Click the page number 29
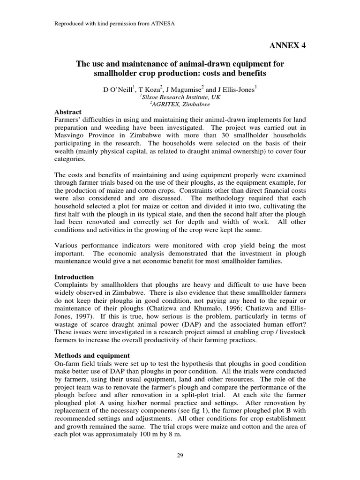click(180, 454)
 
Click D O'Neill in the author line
click(118, 90)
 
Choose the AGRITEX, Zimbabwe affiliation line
click(180, 105)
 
